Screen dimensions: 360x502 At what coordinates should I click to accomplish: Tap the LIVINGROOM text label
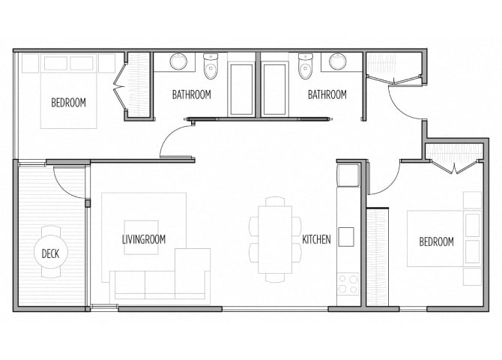coord(144,240)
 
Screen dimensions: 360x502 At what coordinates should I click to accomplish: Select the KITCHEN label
coord(316,240)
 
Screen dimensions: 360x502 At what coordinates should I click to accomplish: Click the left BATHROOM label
coord(191,95)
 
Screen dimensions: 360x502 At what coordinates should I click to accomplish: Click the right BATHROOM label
coord(327,95)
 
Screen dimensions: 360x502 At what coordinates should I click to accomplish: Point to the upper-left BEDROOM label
coord(68,103)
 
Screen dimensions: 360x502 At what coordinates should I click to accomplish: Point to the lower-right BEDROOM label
coord(436,241)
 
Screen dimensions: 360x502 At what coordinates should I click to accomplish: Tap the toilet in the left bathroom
coord(211,67)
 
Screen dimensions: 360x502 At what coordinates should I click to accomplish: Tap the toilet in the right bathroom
coord(305,67)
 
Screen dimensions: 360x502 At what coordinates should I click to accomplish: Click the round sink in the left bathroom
coord(178,61)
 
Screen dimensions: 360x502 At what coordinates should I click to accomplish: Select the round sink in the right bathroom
coord(338,61)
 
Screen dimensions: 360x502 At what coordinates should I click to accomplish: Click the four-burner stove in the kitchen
coord(348,283)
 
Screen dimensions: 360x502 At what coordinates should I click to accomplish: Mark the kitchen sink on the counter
coord(345,235)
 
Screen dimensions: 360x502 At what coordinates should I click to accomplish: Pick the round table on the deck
coord(52,253)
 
